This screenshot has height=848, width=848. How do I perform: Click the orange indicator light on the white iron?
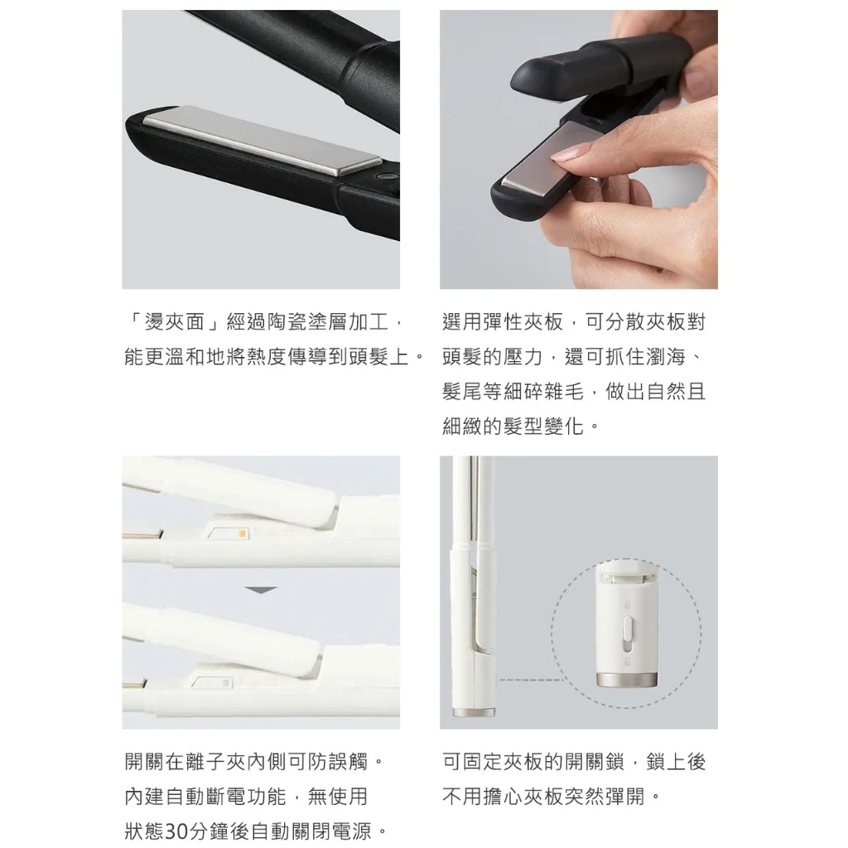pos(243,534)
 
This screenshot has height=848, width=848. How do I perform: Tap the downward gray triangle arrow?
pos(261,590)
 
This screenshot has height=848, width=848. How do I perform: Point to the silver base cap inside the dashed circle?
pos(627,679)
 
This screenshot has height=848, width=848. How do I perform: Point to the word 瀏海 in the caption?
pos(666,357)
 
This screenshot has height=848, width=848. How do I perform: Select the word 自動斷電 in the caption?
pos(205,797)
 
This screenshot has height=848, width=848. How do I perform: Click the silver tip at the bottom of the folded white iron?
pos(474,713)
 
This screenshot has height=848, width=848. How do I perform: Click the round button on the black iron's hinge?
pos(386,176)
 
